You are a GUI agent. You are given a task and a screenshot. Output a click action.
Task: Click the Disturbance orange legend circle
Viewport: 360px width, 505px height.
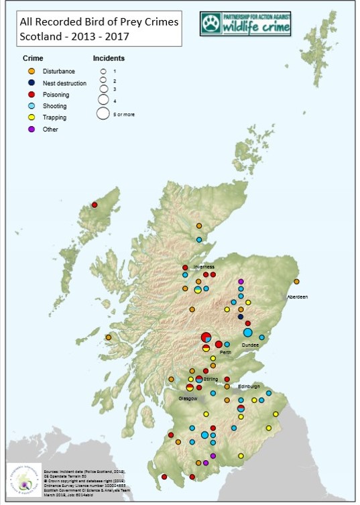[x=32, y=71]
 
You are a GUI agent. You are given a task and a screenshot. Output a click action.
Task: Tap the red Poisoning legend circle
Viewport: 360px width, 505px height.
[x=32, y=95]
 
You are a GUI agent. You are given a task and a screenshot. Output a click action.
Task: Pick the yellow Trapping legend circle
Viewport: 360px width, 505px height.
[x=32, y=117]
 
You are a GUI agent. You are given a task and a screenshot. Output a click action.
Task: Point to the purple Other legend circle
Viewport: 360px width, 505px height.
[x=32, y=129]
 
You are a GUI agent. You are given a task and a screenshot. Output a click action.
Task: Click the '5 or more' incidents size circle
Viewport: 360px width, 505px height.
[x=103, y=113]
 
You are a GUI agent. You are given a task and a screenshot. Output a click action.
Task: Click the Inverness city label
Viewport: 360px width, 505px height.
[x=204, y=266]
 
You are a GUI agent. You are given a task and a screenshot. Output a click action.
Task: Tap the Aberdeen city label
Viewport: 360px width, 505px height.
[x=297, y=296]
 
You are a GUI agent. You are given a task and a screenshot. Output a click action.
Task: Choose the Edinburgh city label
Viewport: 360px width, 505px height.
[x=250, y=386]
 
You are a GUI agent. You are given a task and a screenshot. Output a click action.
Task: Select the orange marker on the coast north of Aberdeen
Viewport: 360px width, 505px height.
[x=296, y=282]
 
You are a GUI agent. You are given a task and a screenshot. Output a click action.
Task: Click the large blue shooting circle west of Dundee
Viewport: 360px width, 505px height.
[x=247, y=333]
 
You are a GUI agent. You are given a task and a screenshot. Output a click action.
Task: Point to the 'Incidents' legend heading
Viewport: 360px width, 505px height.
[x=109, y=58]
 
